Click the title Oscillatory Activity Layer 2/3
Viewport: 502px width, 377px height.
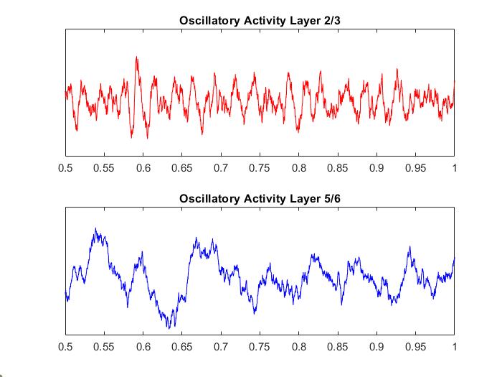pyautogui.click(x=260, y=20)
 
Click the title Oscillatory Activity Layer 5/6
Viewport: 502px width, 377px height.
pyautogui.click(x=260, y=198)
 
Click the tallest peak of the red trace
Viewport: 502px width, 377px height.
pyautogui.click(x=136, y=57)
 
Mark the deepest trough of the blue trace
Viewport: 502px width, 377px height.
pyautogui.click(x=170, y=327)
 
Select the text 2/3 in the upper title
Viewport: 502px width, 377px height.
pyautogui.click(x=331, y=20)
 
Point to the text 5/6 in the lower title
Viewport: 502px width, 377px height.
pyautogui.click(x=331, y=198)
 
